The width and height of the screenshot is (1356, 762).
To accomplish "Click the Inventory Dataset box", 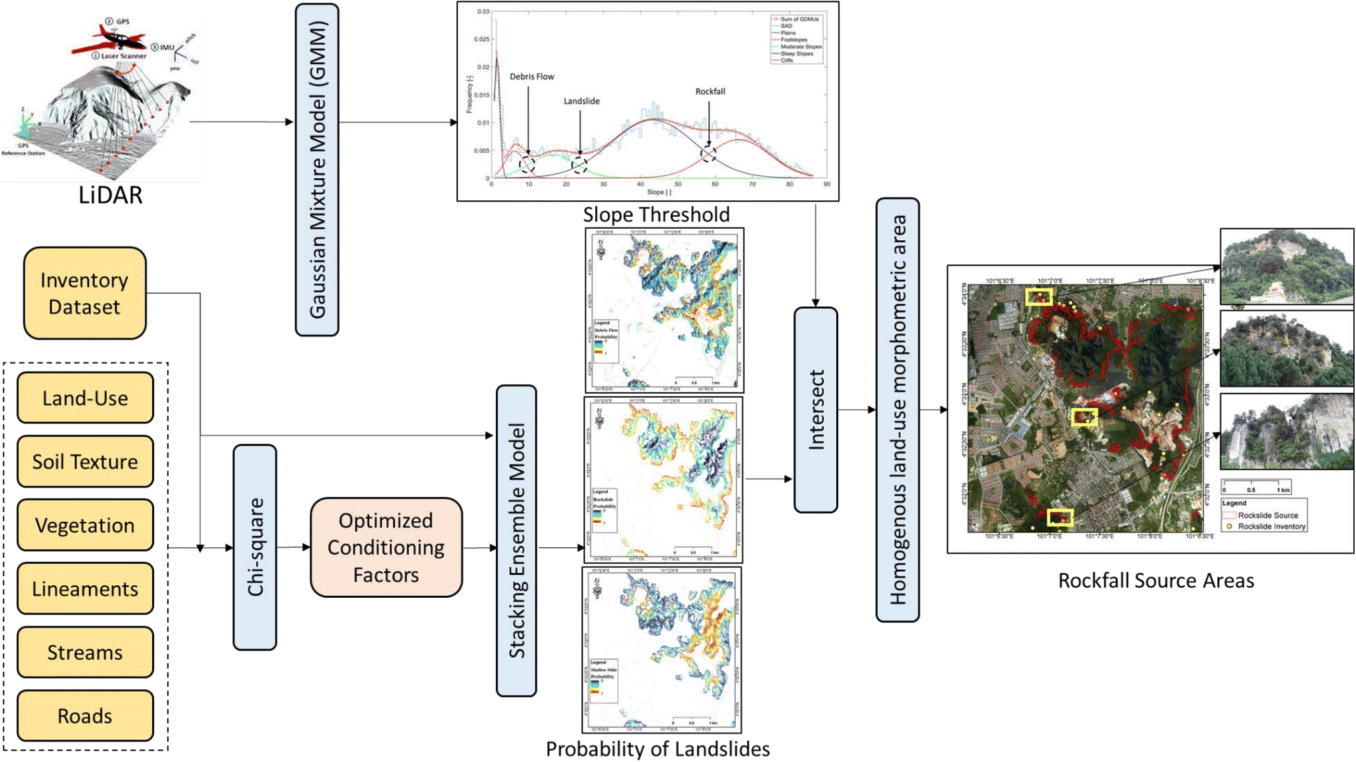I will pyautogui.click(x=85, y=293).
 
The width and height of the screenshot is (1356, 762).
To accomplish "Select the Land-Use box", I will pyautogui.click(x=85, y=398).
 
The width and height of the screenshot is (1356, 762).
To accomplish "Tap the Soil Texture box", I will pyautogui.click(x=85, y=461).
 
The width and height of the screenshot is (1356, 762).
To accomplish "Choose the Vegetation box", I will pyautogui.click(x=85, y=525).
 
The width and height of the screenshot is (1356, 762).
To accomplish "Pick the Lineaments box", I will pyautogui.click(x=85, y=589).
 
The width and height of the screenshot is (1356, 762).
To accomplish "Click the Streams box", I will pyautogui.click(x=85, y=652).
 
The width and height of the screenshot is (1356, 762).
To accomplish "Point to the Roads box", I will pyautogui.click(x=85, y=715).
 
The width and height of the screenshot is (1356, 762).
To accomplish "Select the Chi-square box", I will pyautogui.click(x=255, y=547).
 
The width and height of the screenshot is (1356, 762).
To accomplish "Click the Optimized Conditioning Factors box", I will pyautogui.click(x=386, y=547).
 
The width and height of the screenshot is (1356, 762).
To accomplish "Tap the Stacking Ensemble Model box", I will pyautogui.click(x=517, y=540).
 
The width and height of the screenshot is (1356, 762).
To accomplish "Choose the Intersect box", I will pyautogui.click(x=815, y=410).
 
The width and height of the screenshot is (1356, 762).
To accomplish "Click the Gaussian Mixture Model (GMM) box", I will pyautogui.click(x=317, y=169).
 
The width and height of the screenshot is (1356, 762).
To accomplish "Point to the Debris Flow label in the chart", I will pyautogui.click(x=532, y=77).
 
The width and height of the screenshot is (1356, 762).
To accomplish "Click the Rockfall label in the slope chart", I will pyautogui.click(x=710, y=91).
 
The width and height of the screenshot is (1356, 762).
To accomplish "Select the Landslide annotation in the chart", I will pyautogui.click(x=581, y=101).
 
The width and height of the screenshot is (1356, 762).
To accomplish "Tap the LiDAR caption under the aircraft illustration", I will pyautogui.click(x=110, y=195).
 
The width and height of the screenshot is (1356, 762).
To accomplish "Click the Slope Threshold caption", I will pyautogui.click(x=656, y=214).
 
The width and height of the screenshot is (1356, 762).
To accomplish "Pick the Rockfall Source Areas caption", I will pyautogui.click(x=1156, y=581).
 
